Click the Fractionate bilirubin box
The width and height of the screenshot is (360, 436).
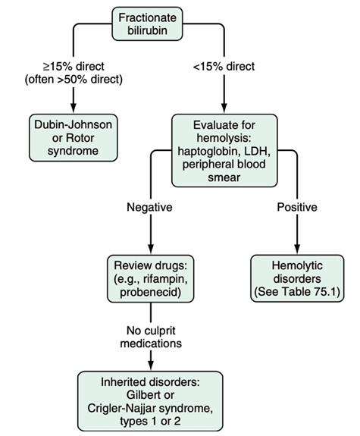(x=147, y=24)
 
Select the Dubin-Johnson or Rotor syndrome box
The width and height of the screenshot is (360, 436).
(x=74, y=138)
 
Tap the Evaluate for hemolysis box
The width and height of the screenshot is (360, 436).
(x=224, y=150)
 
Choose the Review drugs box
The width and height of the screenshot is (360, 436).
(x=151, y=278)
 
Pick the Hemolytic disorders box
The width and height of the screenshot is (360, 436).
(x=297, y=278)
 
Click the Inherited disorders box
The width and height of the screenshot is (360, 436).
(x=150, y=401)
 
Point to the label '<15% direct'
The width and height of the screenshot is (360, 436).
(x=224, y=67)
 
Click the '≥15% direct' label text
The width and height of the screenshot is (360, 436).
(x=74, y=67)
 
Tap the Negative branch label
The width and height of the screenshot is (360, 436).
(x=149, y=207)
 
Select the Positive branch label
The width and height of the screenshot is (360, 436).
(x=297, y=207)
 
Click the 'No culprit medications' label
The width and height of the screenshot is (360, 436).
(x=151, y=337)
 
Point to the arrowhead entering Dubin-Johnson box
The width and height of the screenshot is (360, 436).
(x=74, y=108)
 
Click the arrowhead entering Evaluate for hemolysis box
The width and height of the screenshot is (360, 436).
(x=224, y=108)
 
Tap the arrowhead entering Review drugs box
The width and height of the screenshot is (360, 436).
(x=151, y=249)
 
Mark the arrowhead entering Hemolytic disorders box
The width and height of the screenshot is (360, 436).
(x=297, y=249)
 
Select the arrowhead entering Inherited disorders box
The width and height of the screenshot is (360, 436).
(x=151, y=366)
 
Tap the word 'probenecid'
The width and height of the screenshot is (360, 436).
(x=150, y=292)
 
